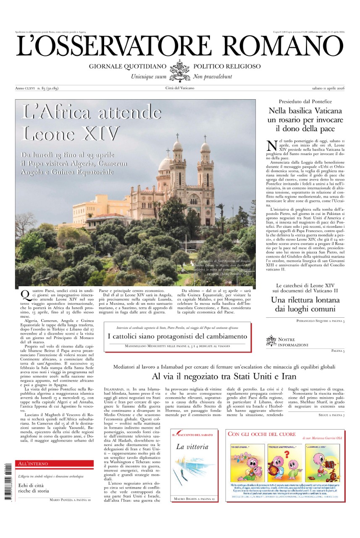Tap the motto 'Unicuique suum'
[149, 77]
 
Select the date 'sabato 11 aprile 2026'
[324, 88]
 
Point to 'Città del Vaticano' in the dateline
[180, 88]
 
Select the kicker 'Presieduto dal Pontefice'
[305, 102]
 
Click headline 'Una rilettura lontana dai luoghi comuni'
[305, 305]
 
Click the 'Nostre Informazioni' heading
[293, 342]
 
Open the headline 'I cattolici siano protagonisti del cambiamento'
[177, 336]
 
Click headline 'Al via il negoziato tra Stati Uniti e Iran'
[224, 376]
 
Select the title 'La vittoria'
[192, 447]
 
